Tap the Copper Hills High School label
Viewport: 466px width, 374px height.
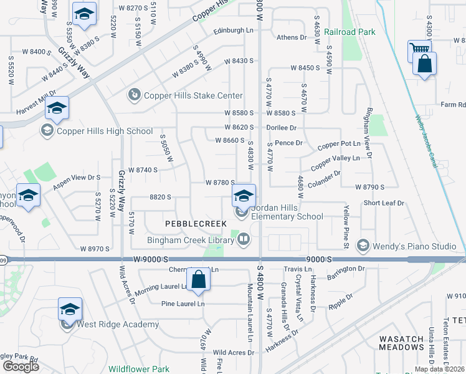point(104,131)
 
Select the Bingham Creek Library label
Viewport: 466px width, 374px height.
point(190,239)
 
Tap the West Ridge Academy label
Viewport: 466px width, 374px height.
point(118,324)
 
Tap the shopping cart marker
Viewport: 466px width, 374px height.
point(419,50)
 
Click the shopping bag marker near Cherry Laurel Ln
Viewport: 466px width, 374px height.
point(198,280)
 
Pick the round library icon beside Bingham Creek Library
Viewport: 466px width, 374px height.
point(243,239)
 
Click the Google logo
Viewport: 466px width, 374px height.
point(21,367)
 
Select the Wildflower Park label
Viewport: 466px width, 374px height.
point(139,369)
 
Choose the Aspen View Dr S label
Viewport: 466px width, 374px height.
point(77,177)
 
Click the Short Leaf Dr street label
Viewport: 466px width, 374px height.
point(384,203)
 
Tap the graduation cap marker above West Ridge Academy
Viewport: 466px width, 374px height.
point(70,309)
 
